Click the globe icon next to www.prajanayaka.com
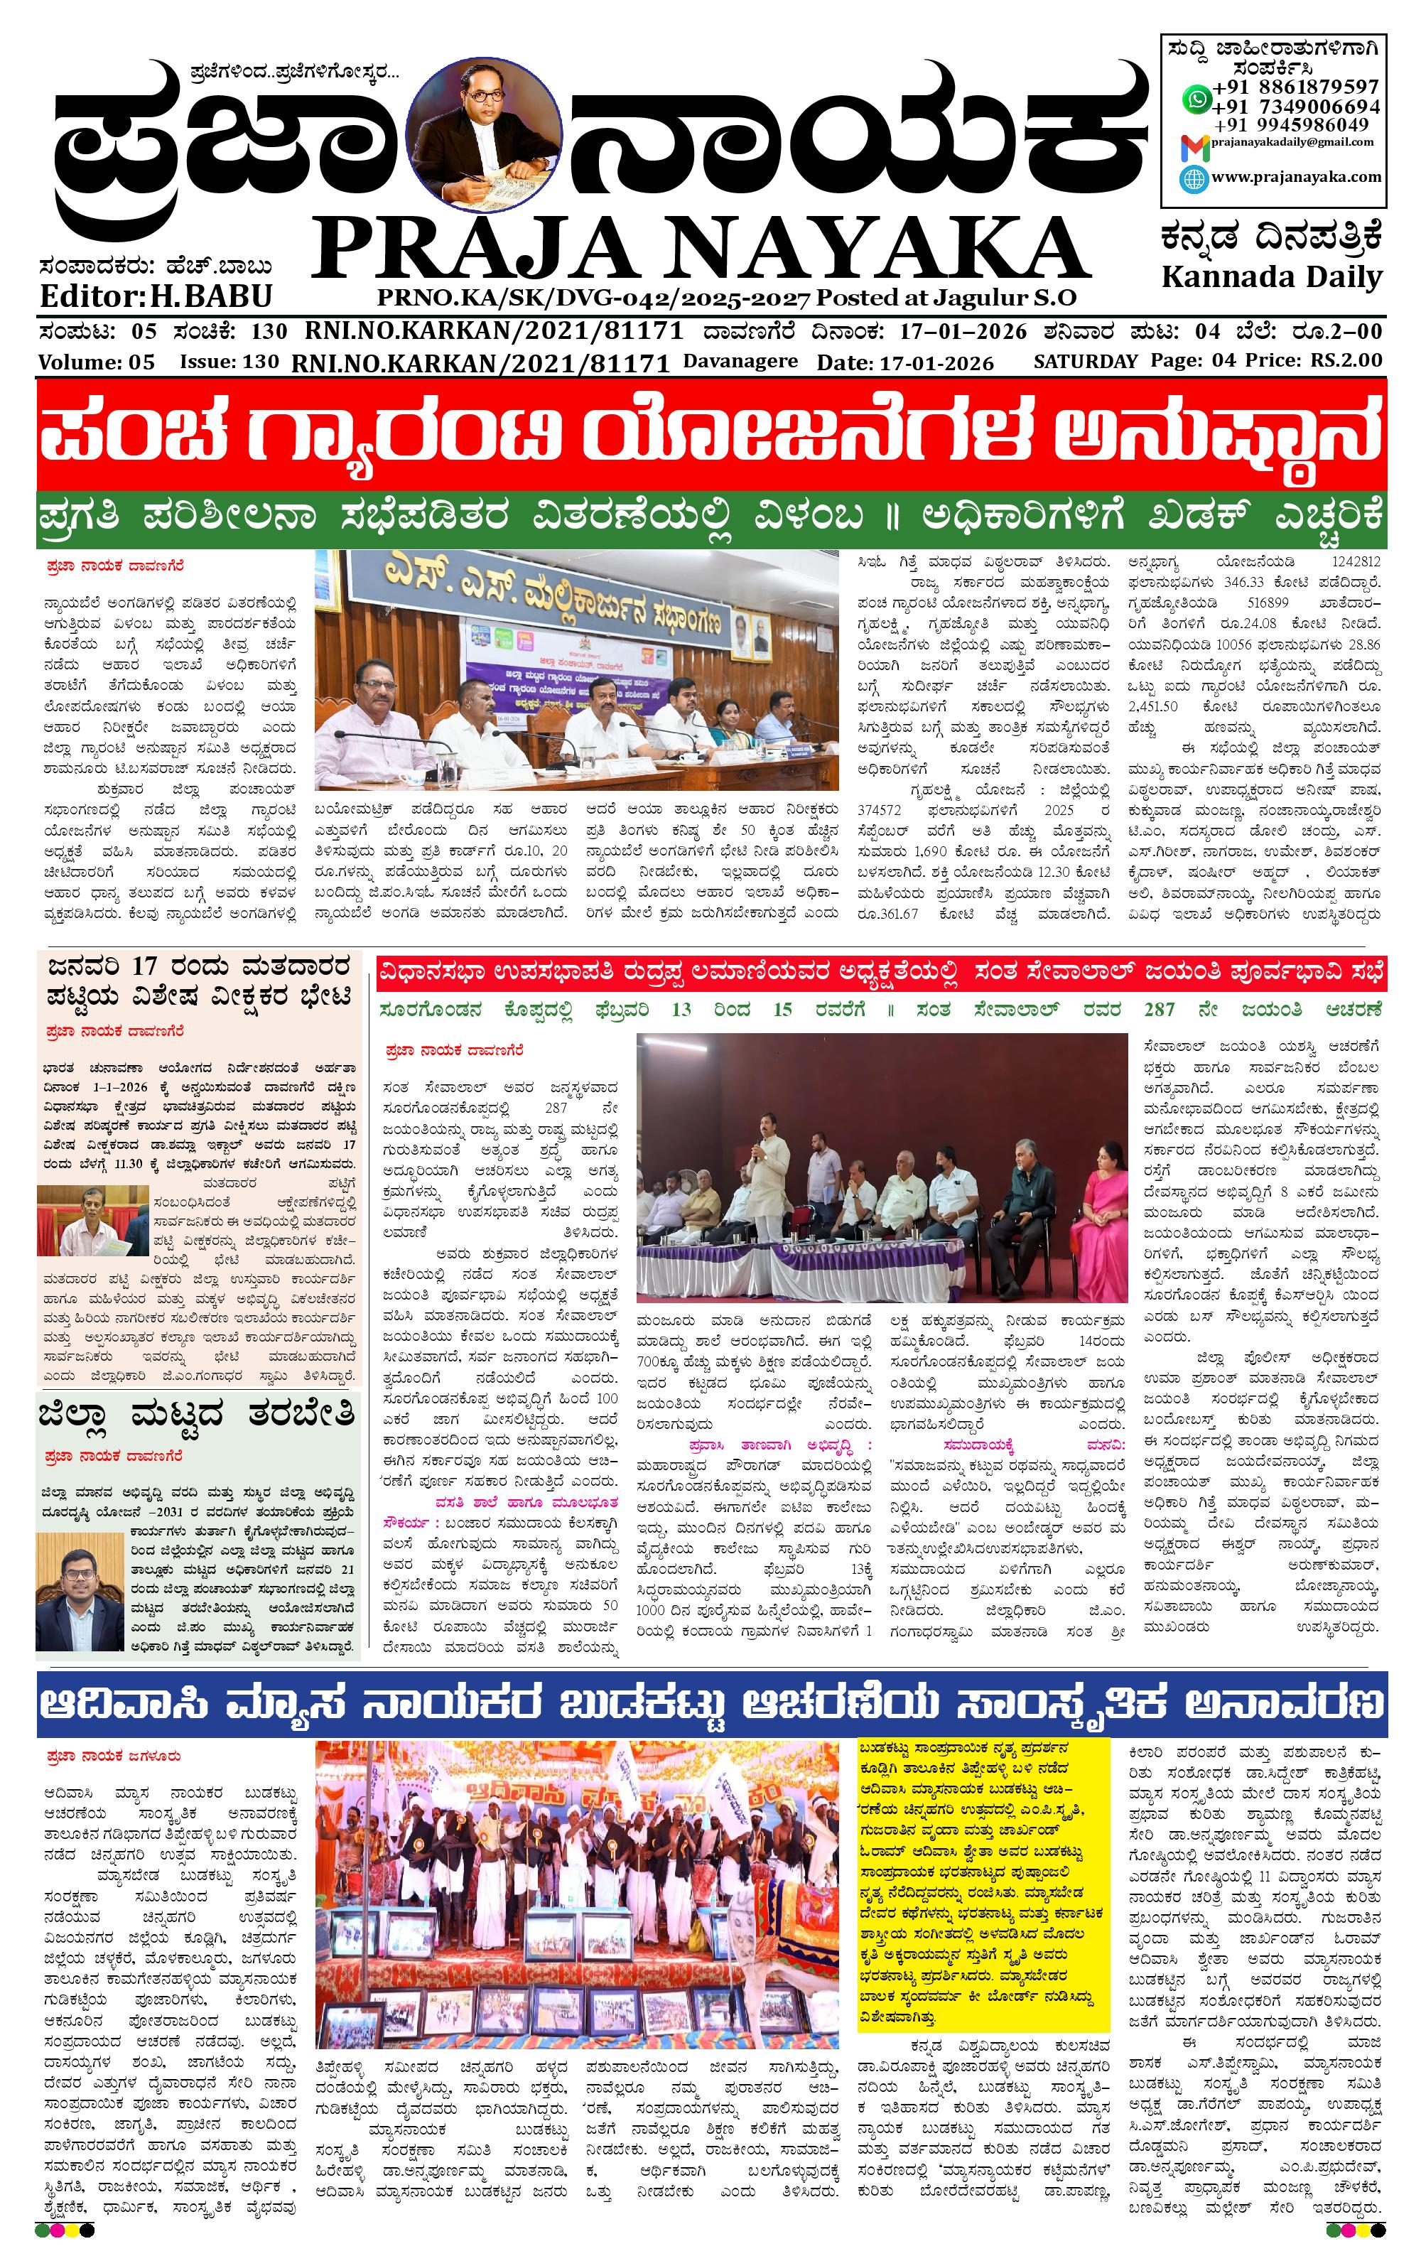coord(1194,178)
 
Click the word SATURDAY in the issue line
coord(1085,361)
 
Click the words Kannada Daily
coord(1271,277)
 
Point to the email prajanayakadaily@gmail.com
coord(1292,142)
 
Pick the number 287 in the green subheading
coord(1158,1009)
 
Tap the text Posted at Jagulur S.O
coord(946,298)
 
